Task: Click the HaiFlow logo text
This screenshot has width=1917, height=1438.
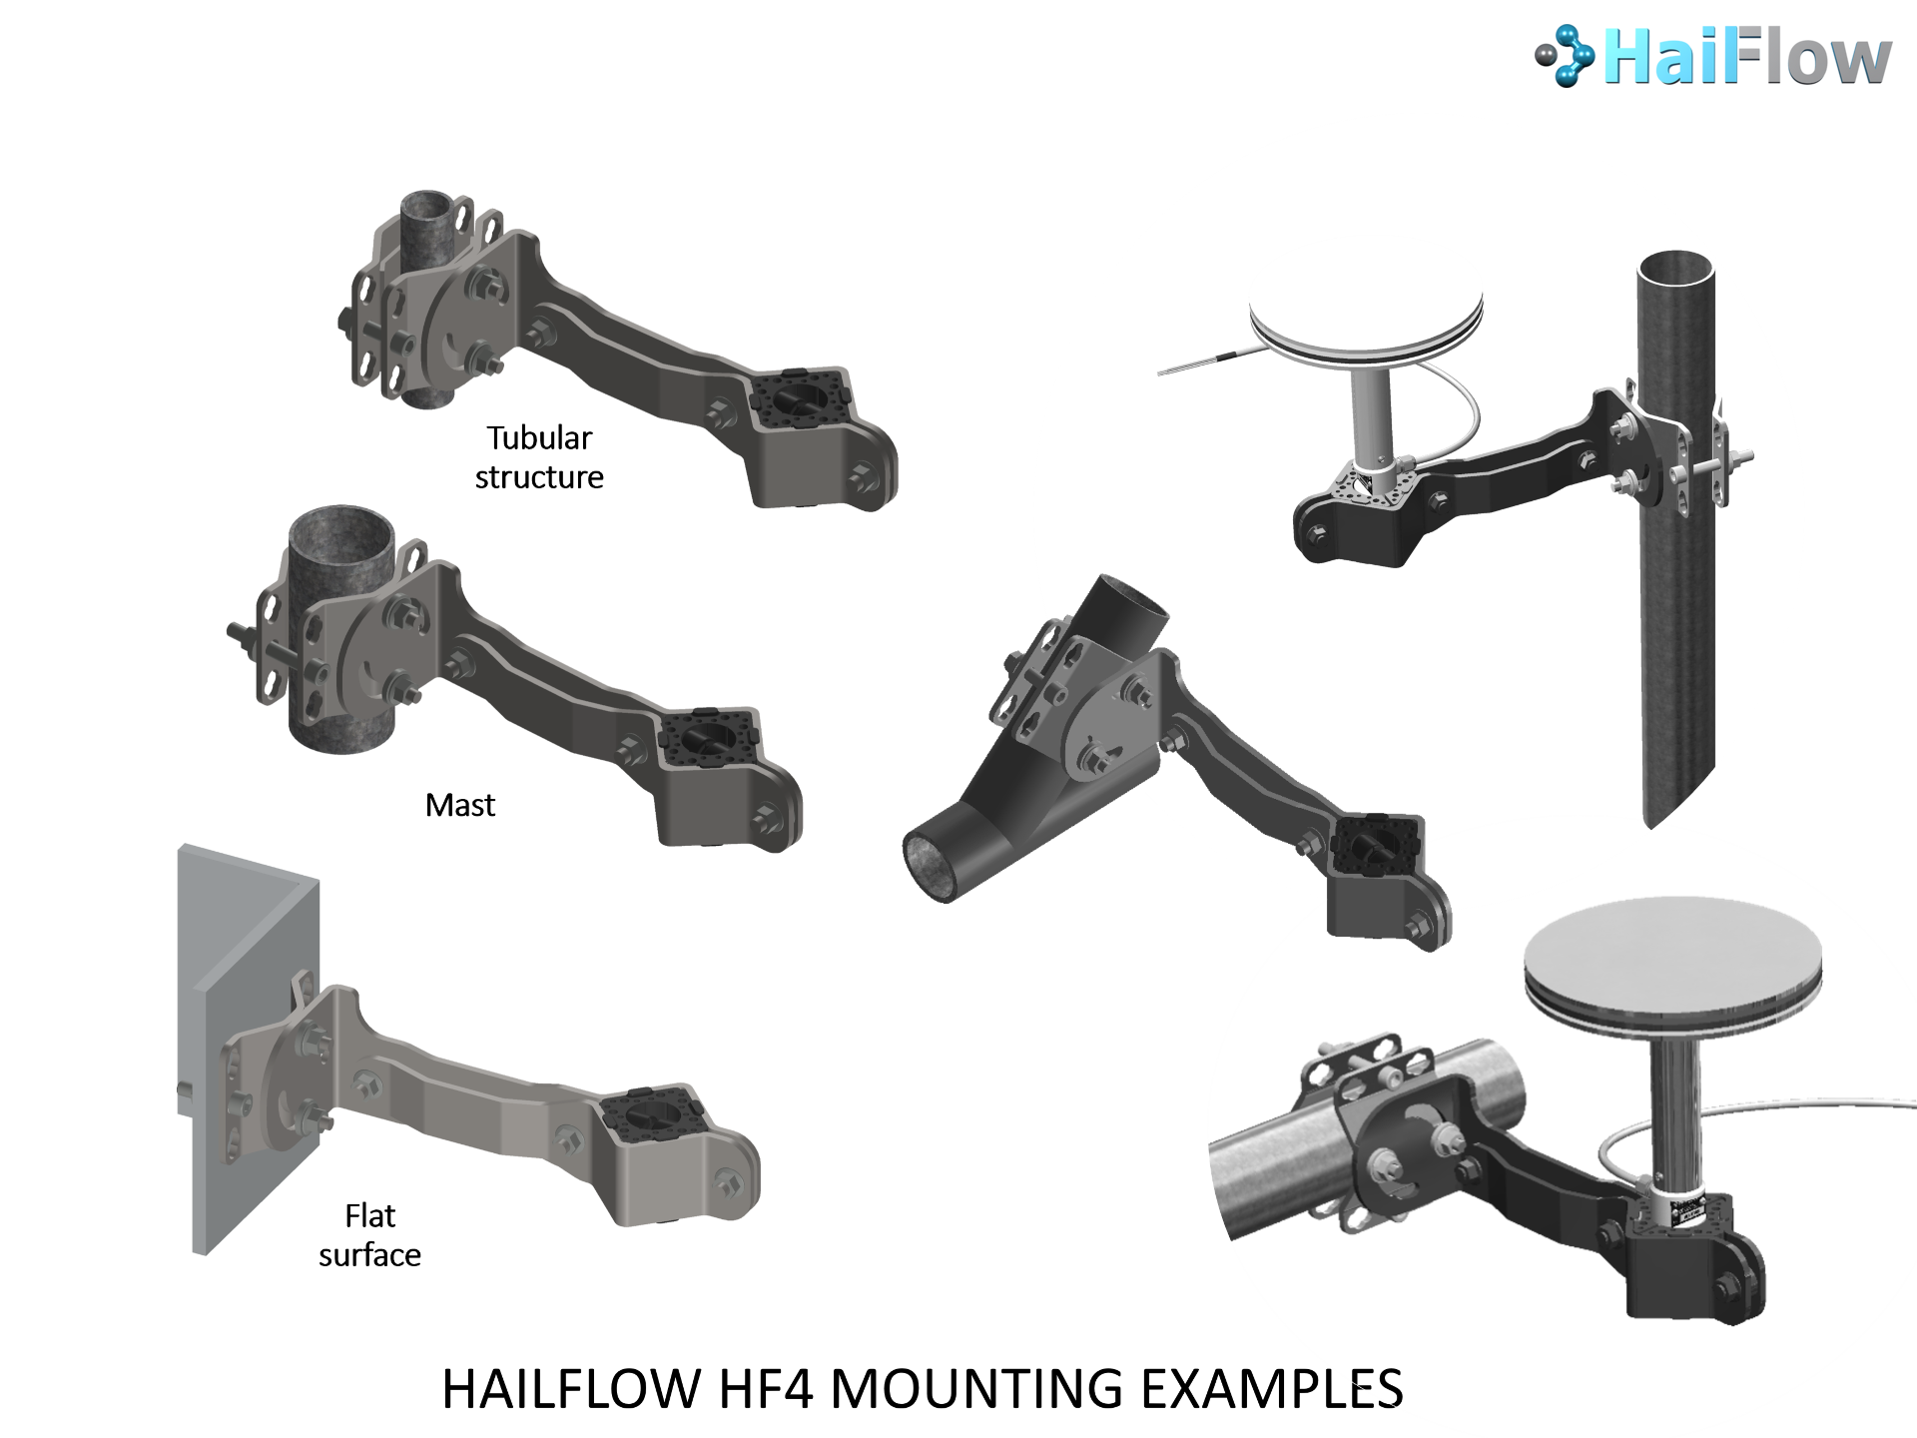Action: tap(1747, 58)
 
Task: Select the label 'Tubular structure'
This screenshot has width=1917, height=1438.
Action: tap(539, 457)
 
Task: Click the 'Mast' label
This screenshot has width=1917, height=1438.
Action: tap(460, 805)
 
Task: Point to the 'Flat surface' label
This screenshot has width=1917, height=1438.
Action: tap(370, 1235)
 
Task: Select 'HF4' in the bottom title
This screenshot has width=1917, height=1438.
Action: tap(766, 1388)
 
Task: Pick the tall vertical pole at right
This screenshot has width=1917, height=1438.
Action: tap(1677, 539)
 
